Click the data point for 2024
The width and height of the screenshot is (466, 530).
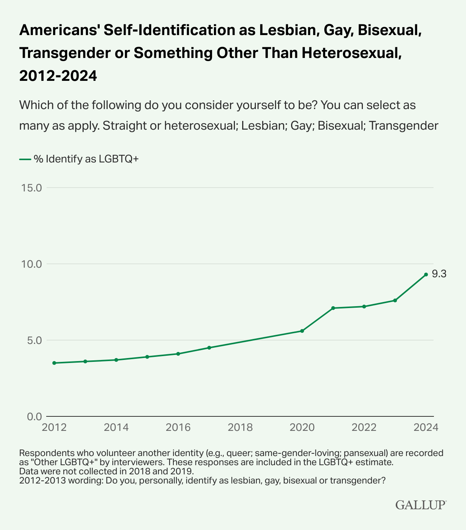click(426, 275)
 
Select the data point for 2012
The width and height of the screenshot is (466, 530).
click(54, 363)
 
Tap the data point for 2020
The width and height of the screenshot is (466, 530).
click(302, 331)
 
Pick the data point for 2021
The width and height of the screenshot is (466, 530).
click(333, 308)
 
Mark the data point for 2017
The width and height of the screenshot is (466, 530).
click(209, 348)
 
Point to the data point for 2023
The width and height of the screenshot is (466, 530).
click(395, 300)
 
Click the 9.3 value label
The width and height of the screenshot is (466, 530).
click(439, 274)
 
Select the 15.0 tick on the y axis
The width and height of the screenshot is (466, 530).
click(31, 188)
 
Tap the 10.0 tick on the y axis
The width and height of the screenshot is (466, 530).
click(31, 264)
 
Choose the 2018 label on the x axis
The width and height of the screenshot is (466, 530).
click(240, 427)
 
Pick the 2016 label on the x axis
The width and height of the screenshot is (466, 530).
click(178, 427)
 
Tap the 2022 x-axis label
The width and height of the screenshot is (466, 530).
click(364, 427)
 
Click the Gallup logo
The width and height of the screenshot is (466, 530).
click(421, 505)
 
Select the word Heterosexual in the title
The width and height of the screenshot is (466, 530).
click(351, 53)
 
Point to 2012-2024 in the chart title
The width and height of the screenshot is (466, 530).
click(58, 76)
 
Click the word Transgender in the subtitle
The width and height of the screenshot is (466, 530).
click(403, 125)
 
